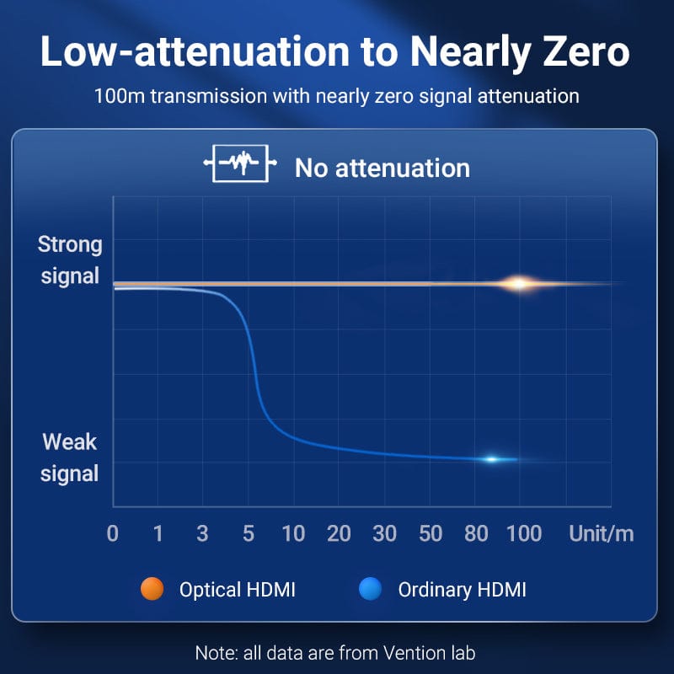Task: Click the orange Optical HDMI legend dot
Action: [152, 588]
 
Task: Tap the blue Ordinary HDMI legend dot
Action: [370, 588]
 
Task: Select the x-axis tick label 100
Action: [524, 533]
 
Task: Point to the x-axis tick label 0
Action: [113, 533]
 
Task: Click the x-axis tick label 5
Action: [249, 533]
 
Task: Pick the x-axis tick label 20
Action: [339, 533]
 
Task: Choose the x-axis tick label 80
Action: [476, 533]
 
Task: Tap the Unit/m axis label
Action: [602, 534]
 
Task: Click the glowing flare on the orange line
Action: [519, 284]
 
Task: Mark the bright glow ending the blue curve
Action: [492, 459]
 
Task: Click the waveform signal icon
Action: [240, 163]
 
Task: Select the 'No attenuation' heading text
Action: [382, 168]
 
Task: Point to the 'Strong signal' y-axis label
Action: [70, 259]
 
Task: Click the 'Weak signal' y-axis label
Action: [70, 457]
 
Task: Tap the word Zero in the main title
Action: [586, 51]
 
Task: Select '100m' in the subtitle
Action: [120, 96]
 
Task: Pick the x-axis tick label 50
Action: [431, 533]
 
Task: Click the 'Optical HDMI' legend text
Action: [238, 589]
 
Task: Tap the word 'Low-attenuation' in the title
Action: [195, 51]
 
